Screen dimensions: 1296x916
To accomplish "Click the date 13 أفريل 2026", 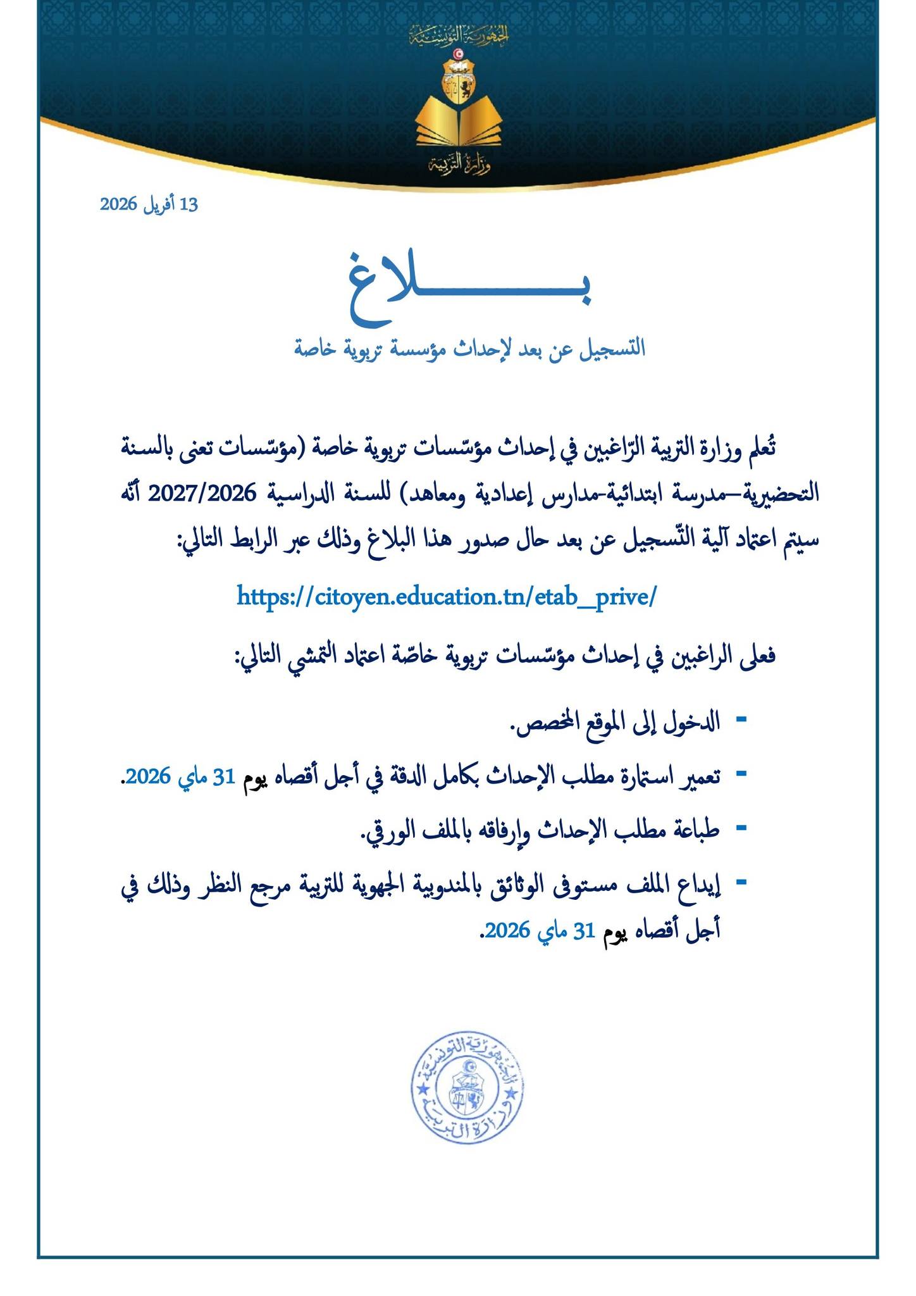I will pyautogui.click(x=149, y=204).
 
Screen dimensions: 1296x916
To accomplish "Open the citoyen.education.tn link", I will pyautogui.click(x=447, y=596).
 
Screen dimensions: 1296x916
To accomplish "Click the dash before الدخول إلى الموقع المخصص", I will pyautogui.click(x=741, y=720).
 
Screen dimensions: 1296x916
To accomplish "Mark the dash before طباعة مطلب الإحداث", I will pyautogui.click(x=741, y=827).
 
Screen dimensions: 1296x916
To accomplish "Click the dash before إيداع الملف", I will pyautogui.click(x=741, y=880).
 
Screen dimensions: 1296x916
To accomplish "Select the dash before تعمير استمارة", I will pyautogui.click(x=741, y=773).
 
